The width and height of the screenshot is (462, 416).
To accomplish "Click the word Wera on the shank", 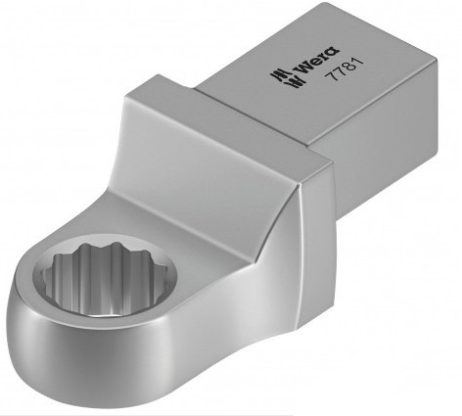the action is click(x=316, y=61).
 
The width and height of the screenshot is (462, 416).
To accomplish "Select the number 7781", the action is click(x=346, y=69).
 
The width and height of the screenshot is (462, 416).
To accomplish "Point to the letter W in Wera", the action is click(x=303, y=69).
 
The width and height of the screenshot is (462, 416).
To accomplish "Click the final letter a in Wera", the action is click(x=332, y=52).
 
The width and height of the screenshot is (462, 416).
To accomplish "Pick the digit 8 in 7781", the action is click(x=349, y=67).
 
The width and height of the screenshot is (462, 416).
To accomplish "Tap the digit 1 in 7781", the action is click(x=358, y=63).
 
